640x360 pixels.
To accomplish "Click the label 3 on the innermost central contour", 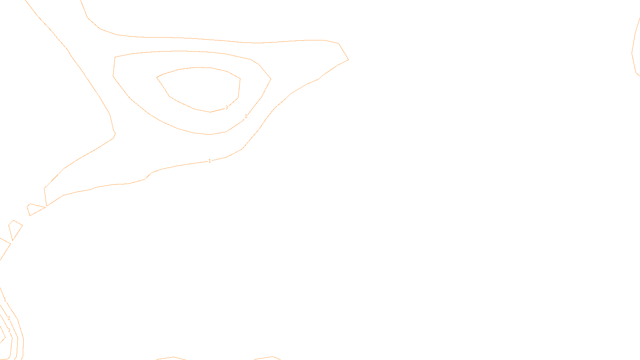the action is click(226, 108).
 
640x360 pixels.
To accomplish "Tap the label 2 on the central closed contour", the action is click(246, 116).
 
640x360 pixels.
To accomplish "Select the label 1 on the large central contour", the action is click(210, 161).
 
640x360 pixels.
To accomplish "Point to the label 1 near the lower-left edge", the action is click(5, 300).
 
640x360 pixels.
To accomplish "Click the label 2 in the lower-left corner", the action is click(9, 318).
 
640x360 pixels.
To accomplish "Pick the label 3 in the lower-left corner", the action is click(9, 330).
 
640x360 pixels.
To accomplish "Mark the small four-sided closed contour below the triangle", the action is click(15, 229).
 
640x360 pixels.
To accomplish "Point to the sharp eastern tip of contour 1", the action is click(348, 60).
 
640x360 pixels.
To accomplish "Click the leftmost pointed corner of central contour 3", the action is click(157, 77).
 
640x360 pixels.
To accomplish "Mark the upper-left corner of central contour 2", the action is click(115, 57).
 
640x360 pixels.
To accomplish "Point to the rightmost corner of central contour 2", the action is click(271, 79).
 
